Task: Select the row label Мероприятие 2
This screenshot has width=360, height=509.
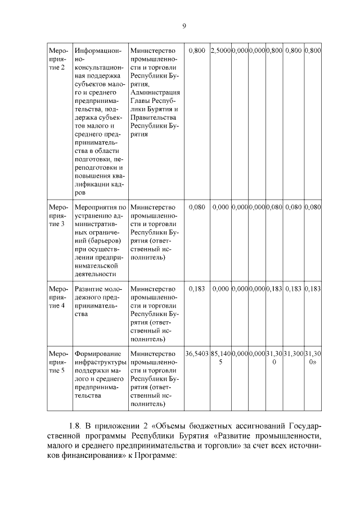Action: pos(58,60)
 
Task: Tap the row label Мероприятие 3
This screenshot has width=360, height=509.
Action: pos(58,216)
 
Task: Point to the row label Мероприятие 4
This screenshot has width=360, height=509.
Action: pos(58,297)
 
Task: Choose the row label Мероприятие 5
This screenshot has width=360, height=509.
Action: pos(58,362)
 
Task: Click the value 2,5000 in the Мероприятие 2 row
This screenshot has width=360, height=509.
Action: pos(220,51)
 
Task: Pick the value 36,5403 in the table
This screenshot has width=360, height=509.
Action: pos(196,354)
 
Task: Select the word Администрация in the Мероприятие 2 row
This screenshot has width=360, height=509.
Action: pos(155,92)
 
